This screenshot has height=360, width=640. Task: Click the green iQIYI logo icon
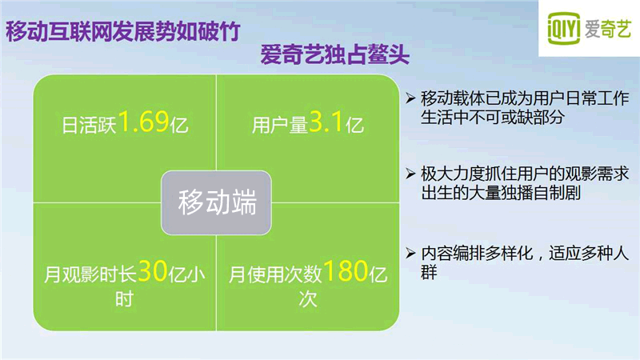click(x=563, y=28)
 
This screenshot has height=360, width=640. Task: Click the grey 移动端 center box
click(x=216, y=203)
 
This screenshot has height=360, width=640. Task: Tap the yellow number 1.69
click(x=143, y=122)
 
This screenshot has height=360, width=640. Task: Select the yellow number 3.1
click(x=326, y=122)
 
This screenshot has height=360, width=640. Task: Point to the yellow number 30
click(x=153, y=271)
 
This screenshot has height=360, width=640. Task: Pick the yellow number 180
click(x=346, y=271)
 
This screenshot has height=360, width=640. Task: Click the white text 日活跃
click(x=90, y=125)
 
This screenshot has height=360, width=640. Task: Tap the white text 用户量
click(x=280, y=125)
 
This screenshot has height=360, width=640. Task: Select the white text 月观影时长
click(x=90, y=274)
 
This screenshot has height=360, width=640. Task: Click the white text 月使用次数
click(x=275, y=274)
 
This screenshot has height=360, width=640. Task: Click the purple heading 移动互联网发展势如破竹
click(x=123, y=31)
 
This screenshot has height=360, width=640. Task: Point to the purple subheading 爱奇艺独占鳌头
click(x=335, y=54)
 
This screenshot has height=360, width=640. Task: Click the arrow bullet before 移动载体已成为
click(x=410, y=98)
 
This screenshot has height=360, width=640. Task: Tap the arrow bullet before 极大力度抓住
click(x=410, y=174)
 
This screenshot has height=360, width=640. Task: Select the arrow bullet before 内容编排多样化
click(x=410, y=253)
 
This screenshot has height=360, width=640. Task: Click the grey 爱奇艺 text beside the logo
click(x=608, y=29)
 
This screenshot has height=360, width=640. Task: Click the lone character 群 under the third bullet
click(x=429, y=272)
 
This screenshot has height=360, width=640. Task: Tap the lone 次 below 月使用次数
click(x=308, y=299)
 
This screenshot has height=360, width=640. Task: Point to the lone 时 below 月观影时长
click(x=124, y=299)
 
